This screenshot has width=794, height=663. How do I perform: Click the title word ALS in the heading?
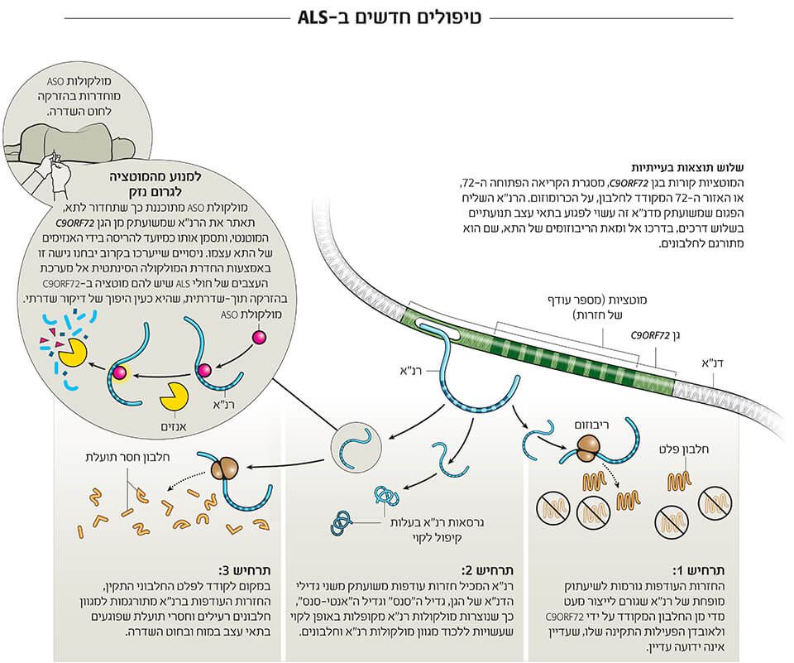click(324, 17)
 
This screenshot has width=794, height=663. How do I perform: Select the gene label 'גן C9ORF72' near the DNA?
click(648, 336)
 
